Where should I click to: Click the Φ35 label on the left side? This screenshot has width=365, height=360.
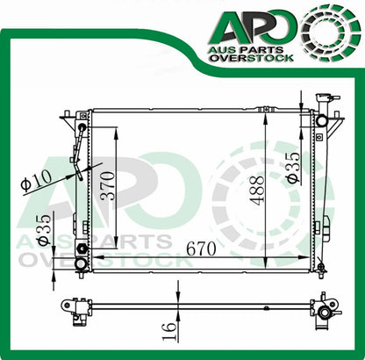[x=42, y=229]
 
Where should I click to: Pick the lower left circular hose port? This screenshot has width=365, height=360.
[x=82, y=263]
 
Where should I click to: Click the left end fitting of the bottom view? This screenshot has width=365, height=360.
[x=77, y=307]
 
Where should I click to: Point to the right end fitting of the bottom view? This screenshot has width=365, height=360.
[x=326, y=309]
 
